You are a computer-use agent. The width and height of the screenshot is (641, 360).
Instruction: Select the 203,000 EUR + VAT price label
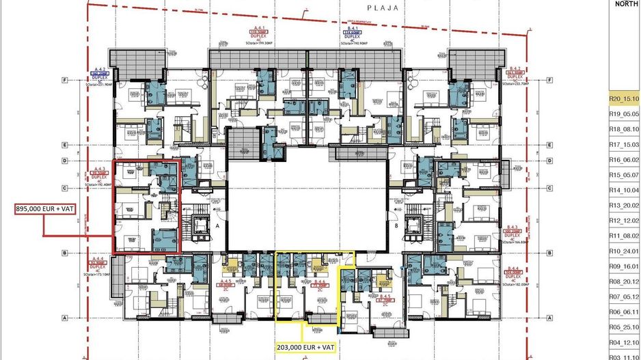pos(306,346)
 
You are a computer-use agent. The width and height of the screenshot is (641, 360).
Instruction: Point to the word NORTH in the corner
pos(626,3)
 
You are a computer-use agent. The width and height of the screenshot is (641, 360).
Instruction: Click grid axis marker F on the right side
pos(551,79)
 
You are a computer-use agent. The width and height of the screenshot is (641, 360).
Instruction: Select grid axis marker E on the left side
pos(64,145)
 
